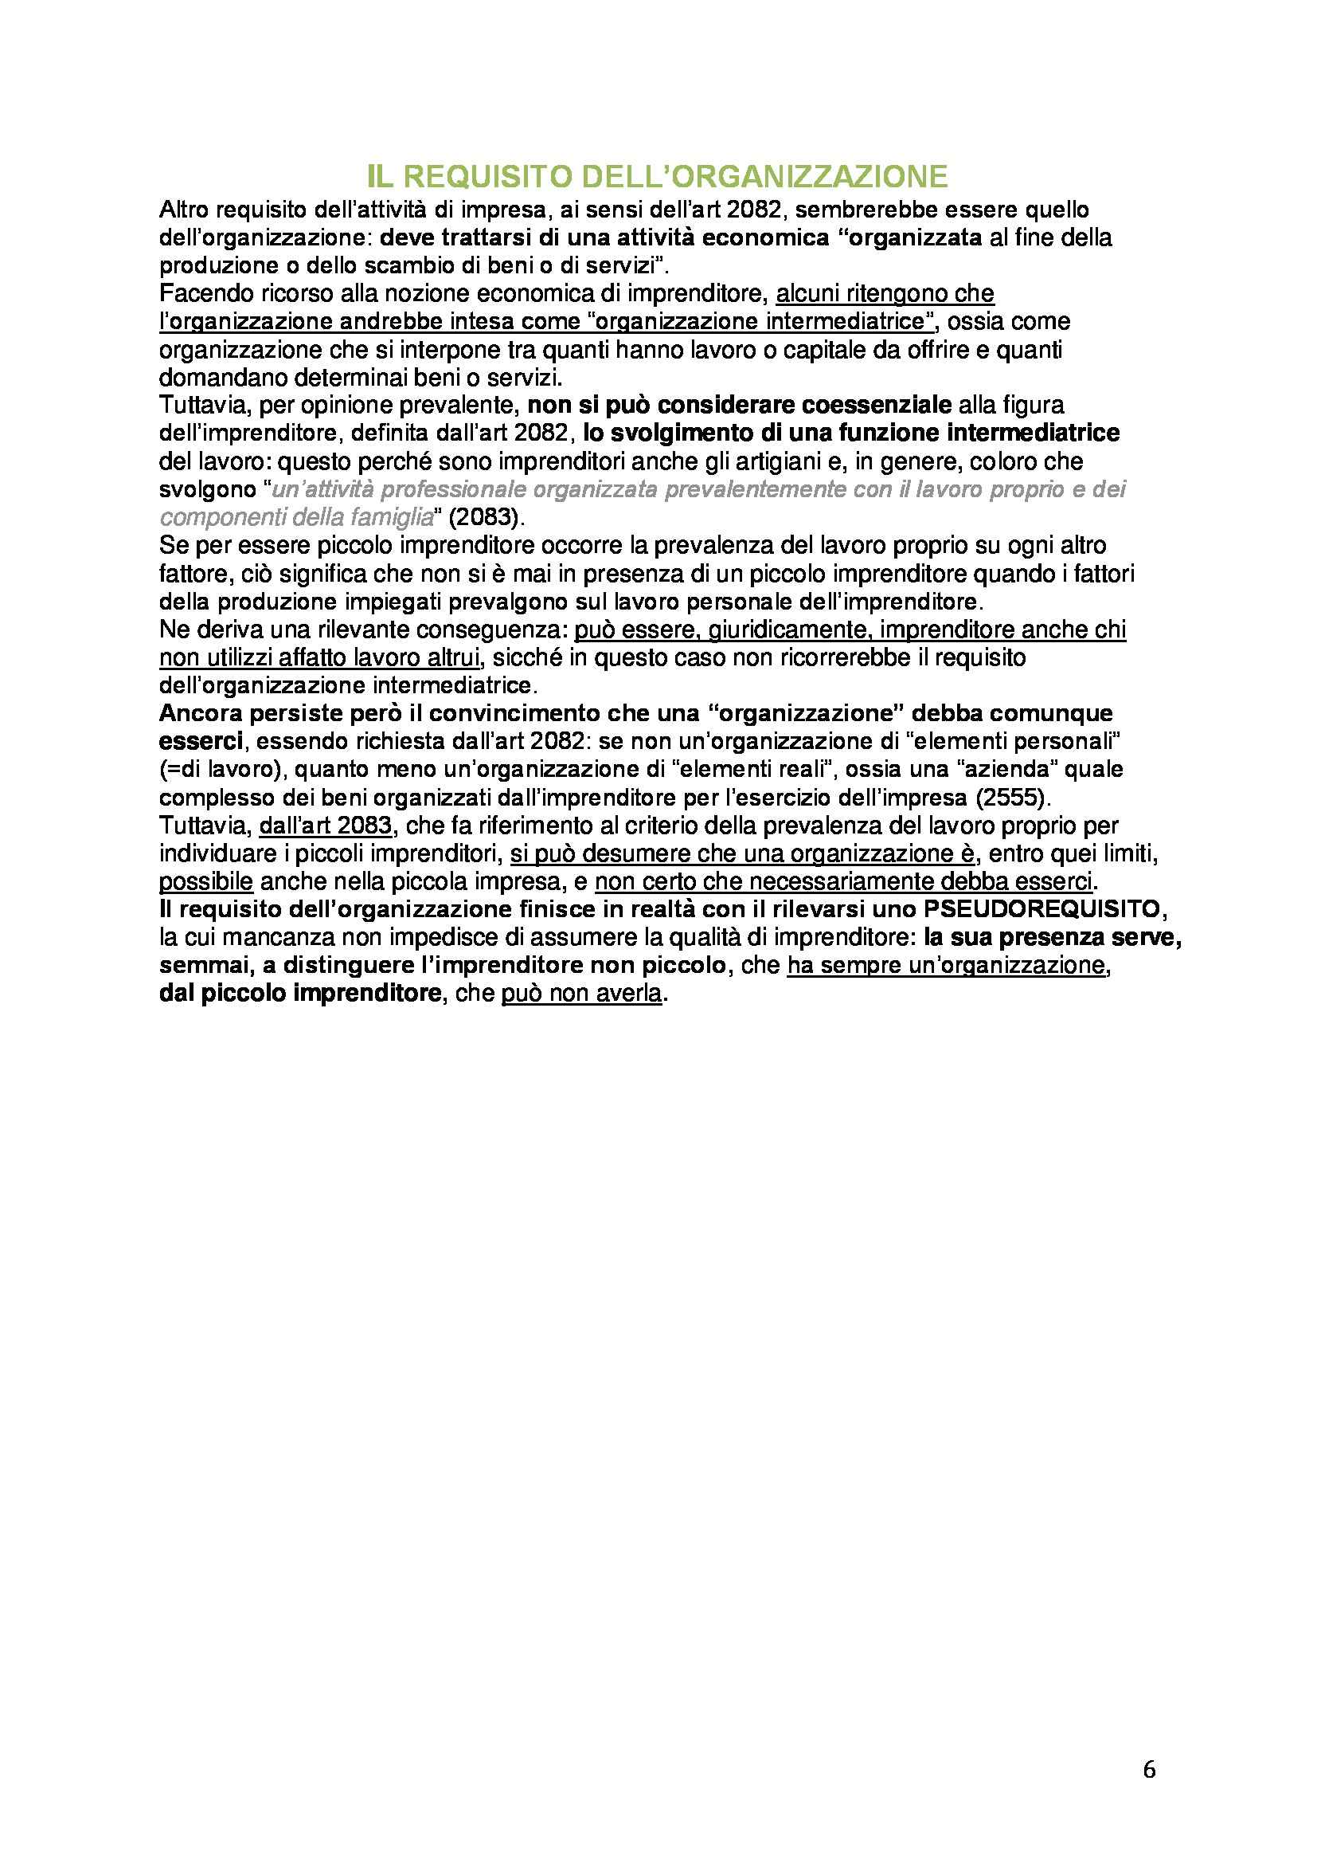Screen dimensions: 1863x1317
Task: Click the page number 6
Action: pos(1149,1770)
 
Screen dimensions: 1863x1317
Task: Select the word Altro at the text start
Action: pos(183,210)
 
